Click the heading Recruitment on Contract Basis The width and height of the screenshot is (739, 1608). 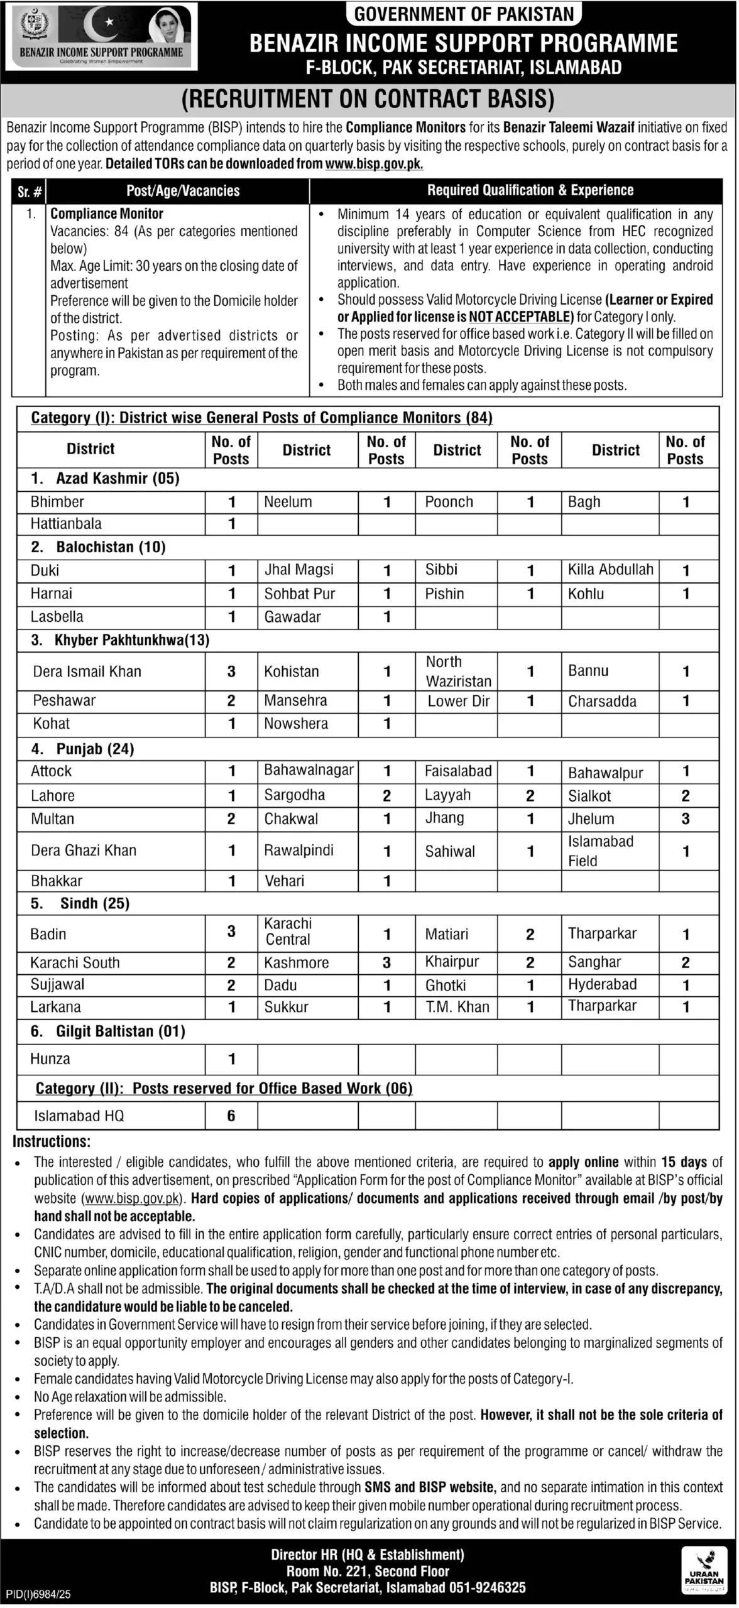(x=368, y=99)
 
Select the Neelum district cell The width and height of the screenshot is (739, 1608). (x=288, y=502)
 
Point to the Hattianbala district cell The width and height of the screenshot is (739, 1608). (x=66, y=524)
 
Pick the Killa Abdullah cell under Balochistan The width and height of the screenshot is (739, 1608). (x=610, y=570)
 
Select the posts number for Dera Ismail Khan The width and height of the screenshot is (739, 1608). (x=231, y=671)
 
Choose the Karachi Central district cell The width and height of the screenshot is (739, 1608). (x=288, y=932)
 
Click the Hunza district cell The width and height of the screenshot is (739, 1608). (x=50, y=1059)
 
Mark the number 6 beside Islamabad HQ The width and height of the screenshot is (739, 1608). (x=231, y=1116)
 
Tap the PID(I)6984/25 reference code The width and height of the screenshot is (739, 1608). (x=38, y=1594)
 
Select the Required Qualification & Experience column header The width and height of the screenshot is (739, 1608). (x=530, y=190)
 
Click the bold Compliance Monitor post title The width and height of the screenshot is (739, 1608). (x=107, y=214)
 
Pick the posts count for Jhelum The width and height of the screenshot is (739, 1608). (x=686, y=819)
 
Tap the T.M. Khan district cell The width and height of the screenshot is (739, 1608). (x=457, y=1008)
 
